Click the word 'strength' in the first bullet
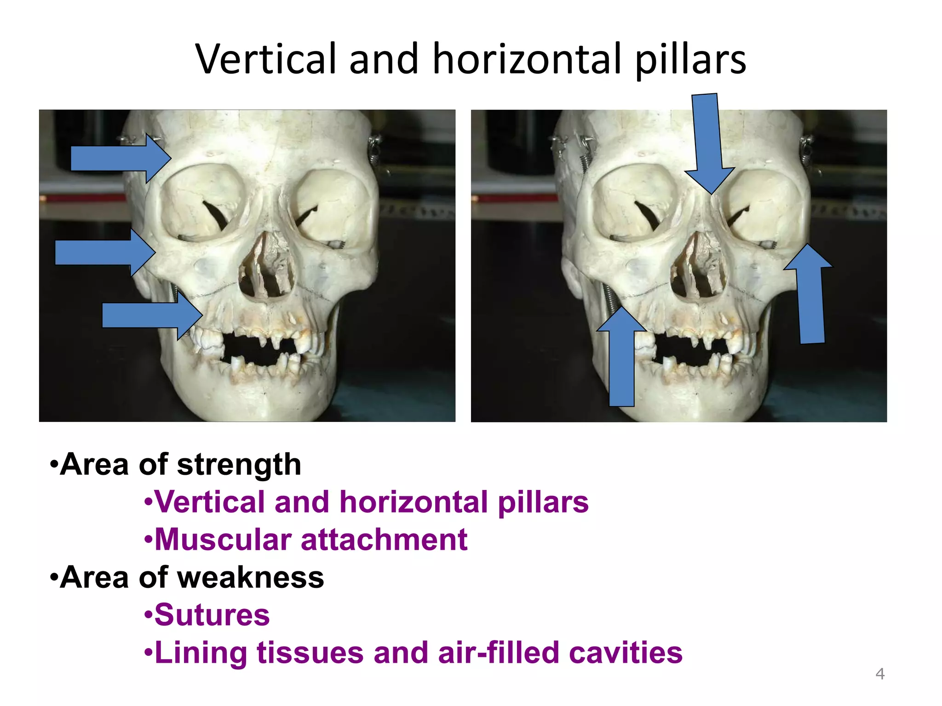[239, 465]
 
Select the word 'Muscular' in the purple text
[223, 540]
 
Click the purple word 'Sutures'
[212, 615]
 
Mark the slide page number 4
[879, 674]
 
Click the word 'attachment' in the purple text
[384, 540]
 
